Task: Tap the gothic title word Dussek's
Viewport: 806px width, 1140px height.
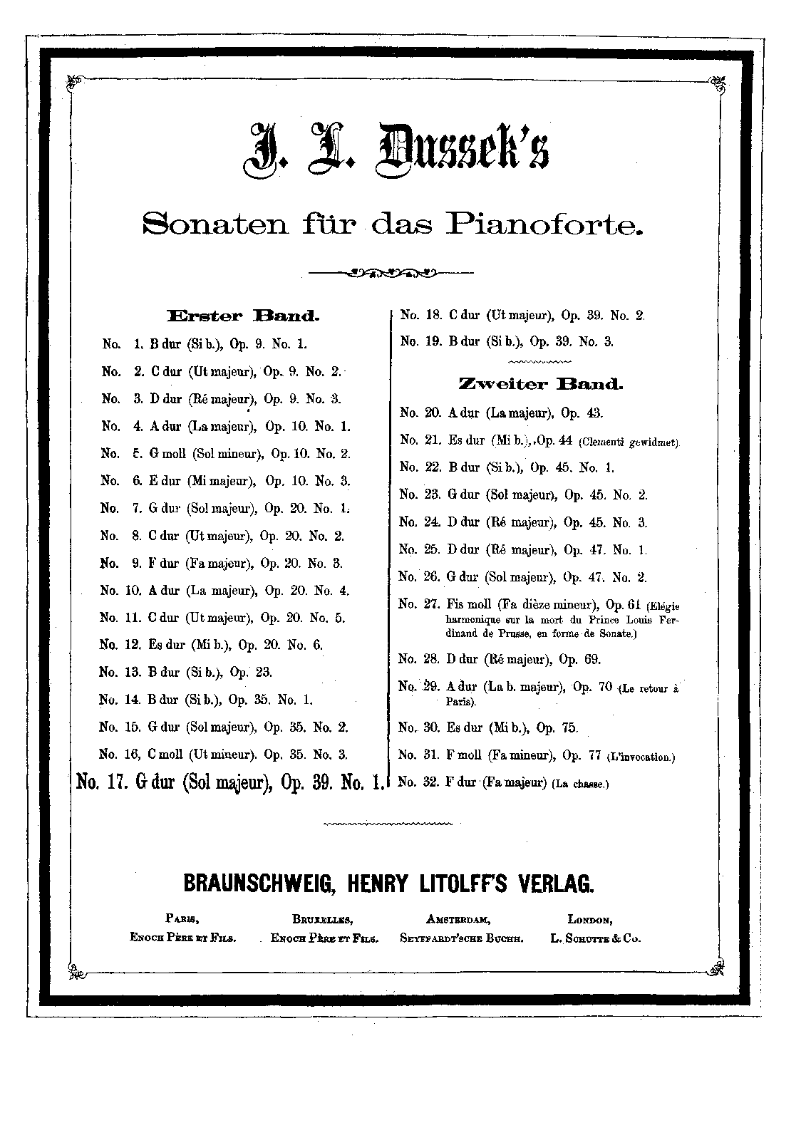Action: point(456,147)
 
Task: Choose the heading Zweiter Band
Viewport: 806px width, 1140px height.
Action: point(540,385)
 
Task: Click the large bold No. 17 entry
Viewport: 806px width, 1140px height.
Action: point(230,782)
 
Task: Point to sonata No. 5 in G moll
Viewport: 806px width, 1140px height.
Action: point(226,454)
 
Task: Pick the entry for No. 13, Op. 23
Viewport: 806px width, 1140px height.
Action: point(185,672)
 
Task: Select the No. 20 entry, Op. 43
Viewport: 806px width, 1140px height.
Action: point(501,413)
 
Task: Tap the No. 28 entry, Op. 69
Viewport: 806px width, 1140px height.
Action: point(500,659)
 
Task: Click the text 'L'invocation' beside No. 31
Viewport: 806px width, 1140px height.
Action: point(639,757)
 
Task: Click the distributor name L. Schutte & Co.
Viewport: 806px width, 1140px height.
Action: point(595,938)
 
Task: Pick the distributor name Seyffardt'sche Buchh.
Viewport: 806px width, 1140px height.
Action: point(462,938)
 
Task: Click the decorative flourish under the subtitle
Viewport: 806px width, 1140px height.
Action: point(390,271)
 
